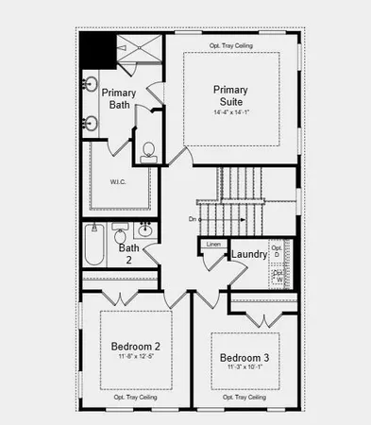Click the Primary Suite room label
230,96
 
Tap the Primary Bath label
120,99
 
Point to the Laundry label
249,254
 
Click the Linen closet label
213,244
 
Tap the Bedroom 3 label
245,358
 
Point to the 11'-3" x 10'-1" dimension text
245,368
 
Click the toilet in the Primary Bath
148,152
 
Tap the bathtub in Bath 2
93,245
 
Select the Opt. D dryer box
277,252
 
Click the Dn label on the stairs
193,219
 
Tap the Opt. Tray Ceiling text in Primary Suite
231,45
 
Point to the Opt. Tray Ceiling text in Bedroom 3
244,398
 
